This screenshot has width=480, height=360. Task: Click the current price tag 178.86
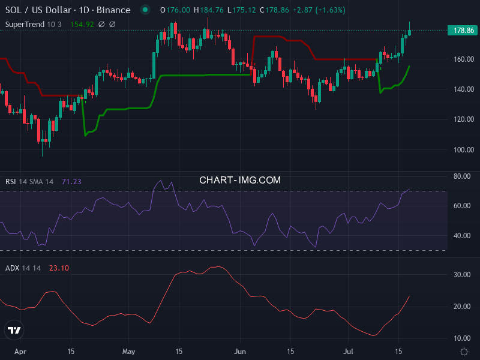coord(463,31)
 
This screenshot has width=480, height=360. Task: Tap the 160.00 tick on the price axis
coord(464,59)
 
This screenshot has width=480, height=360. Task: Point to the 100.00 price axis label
coord(464,149)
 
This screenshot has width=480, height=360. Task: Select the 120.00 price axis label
coord(464,119)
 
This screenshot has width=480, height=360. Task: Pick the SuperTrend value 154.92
coord(82,24)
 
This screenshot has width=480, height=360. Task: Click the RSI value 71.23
coord(71,182)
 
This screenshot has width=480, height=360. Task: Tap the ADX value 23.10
coord(58,268)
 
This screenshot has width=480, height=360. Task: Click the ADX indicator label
coord(12,268)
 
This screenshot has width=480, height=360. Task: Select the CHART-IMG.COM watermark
coord(240,179)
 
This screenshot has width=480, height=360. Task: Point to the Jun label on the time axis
coord(240,351)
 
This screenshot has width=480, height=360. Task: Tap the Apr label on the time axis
coord(20,351)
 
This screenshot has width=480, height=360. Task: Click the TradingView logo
coord(14,330)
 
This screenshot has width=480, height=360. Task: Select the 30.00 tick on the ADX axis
coord(462,275)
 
